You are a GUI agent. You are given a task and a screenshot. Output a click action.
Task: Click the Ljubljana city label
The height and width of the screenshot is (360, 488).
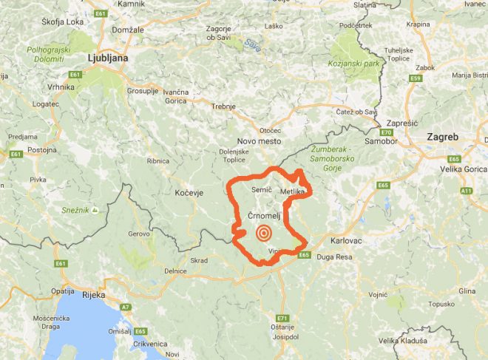tap(107, 57)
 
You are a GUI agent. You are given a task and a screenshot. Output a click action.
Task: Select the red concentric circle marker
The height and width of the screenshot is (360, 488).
tap(262, 234)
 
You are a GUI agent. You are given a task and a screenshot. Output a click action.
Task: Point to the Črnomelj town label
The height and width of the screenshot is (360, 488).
tap(267, 214)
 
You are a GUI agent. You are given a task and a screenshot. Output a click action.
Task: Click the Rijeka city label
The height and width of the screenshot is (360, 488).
tap(93, 295)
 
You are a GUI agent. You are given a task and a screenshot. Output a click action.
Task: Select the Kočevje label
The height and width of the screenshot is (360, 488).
tap(189, 191)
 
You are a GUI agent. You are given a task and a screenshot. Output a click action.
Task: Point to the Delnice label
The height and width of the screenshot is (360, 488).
tap(175, 271)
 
